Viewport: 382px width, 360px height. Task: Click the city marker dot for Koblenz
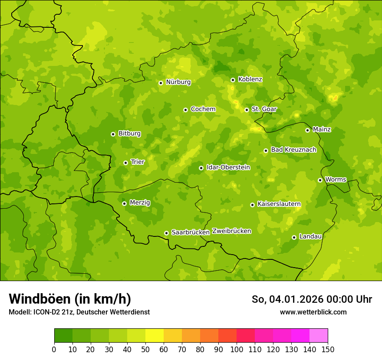click(233, 80)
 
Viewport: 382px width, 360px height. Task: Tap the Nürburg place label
click(178, 82)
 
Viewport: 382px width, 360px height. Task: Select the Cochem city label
click(203, 109)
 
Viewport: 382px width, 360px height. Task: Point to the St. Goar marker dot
click(247, 110)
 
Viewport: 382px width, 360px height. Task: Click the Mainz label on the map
click(322, 129)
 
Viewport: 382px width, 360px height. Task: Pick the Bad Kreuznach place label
click(293, 150)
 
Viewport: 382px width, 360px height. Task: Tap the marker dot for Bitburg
click(113, 134)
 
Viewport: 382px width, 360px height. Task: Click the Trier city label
click(137, 162)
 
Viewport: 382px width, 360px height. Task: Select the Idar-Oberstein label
click(228, 167)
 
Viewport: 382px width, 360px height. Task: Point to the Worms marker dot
click(320, 180)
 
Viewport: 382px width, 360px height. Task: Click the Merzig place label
click(140, 203)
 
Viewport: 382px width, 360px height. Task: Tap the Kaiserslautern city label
click(279, 204)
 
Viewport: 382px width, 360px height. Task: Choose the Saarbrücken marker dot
click(166, 233)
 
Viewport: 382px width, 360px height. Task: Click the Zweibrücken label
click(231, 231)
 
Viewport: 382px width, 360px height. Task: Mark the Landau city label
click(310, 236)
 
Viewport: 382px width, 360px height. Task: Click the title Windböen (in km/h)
click(69, 299)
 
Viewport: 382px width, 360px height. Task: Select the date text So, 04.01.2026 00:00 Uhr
click(311, 299)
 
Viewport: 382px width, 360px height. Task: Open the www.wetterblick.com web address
click(313, 312)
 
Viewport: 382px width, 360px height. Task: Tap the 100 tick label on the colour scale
click(237, 349)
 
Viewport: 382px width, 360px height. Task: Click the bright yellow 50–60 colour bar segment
click(155, 336)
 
